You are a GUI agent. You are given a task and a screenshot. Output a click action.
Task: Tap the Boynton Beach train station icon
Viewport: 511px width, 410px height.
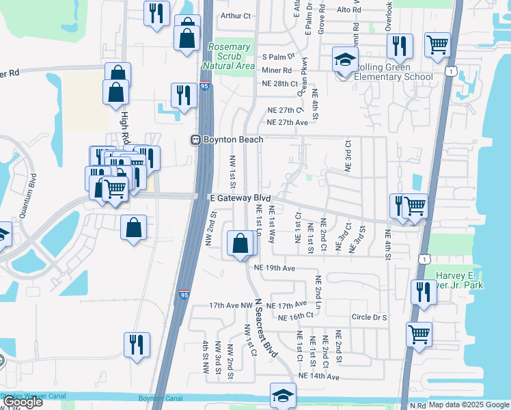point(195,139)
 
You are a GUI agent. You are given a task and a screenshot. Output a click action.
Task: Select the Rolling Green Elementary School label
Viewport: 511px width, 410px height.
point(393,72)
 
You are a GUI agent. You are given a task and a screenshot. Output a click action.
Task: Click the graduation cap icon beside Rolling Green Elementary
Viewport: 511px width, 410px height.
point(345,59)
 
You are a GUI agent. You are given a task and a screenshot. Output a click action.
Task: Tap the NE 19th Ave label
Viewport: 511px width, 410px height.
point(274,269)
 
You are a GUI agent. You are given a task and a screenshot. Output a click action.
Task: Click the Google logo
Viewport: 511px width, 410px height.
point(23,402)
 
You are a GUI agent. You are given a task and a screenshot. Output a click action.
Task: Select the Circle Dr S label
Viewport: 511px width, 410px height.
point(369,317)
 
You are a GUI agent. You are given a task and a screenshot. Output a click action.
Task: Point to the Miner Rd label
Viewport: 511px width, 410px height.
point(277,70)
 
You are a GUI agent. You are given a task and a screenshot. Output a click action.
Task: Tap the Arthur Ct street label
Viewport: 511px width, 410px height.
point(236,15)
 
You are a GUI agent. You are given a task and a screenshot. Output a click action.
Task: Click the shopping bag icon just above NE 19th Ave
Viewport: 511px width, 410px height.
point(240,244)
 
